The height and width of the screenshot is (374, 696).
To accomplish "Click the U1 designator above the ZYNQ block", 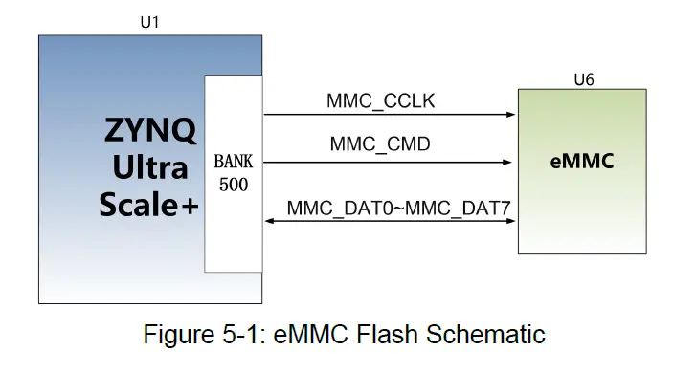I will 148,22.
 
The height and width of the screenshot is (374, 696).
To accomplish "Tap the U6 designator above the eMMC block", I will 583,79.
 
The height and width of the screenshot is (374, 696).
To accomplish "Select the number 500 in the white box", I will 234,185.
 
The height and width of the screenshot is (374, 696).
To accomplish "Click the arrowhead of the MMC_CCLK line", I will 511,115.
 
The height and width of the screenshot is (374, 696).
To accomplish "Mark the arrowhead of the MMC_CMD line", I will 511,163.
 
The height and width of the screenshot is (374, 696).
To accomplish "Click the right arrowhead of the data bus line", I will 511,221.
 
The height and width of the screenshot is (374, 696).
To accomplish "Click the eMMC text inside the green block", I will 582,162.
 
